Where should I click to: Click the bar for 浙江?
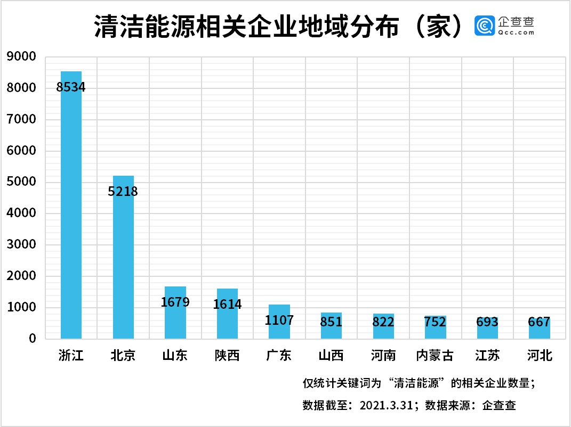[x=71, y=213]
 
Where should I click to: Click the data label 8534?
[x=71, y=87]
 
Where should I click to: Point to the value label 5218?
[x=123, y=191]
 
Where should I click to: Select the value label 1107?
[x=279, y=321]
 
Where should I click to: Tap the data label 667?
[x=540, y=322]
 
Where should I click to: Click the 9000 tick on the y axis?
[x=22, y=56]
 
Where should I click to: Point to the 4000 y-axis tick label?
[x=22, y=213]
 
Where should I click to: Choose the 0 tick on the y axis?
[x=33, y=339]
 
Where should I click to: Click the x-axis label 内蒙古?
[x=435, y=356]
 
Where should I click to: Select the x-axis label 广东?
[x=279, y=356]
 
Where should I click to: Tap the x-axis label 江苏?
[x=487, y=356]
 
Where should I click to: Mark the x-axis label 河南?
[x=383, y=356]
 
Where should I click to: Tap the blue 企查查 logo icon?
[x=484, y=26]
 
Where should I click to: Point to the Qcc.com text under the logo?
[x=516, y=32]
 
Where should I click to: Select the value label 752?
[x=435, y=322]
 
